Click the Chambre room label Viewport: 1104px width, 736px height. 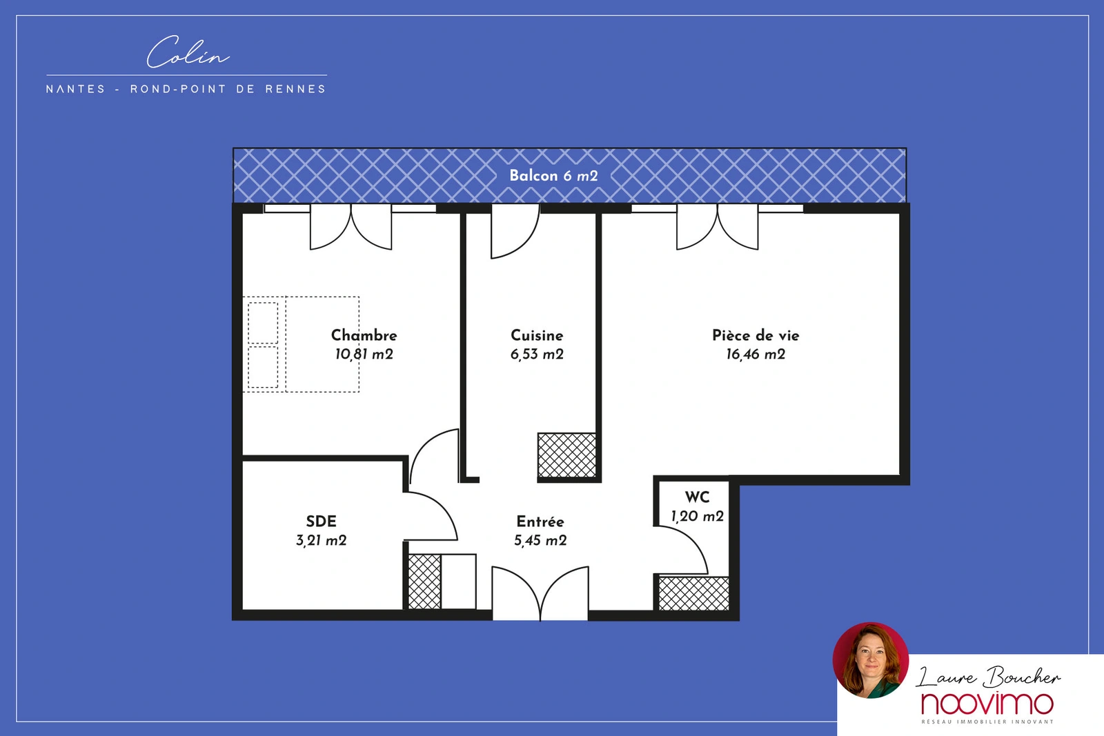pos(364,335)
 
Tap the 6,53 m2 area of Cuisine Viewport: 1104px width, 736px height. pos(537,355)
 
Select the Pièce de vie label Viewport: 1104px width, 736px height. pos(756,335)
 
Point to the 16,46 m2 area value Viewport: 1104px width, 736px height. pos(756,355)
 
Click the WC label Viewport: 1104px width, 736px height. pos(697,497)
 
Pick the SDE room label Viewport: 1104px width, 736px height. pos(322,521)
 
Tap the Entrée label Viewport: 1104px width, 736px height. pos(540,521)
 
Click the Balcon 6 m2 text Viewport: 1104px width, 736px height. pos(553,176)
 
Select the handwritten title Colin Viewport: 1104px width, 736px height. pos(188,52)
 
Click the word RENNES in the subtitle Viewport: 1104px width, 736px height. pos(296,89)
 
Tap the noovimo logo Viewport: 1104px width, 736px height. pos(987,704)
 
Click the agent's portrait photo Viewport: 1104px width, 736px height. pos(870,660)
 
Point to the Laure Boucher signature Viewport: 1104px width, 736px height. pos(988,677)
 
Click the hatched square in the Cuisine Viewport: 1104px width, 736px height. pos(566,455)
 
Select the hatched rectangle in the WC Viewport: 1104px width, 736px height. pos(693,594)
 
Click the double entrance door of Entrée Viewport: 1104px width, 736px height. pos(540,593)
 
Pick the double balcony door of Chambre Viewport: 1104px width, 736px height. pos(351,227)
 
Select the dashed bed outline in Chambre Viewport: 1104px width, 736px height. pos(301,344)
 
